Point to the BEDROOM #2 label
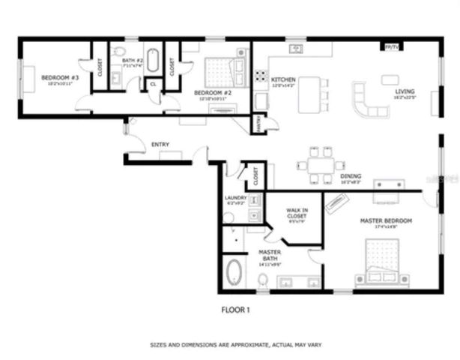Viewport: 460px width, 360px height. (211, 92)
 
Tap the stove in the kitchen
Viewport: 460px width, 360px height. (262, 76)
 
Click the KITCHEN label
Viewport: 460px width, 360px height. (284, 79)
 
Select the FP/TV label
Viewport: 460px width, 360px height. (391, 46)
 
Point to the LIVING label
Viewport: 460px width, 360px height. (405, 92)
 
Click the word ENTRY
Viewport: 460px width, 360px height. (160, 144)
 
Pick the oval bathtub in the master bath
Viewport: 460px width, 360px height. (233, 273)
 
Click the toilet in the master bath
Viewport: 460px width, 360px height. (263, 280)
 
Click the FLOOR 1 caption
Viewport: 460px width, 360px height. (234, 308)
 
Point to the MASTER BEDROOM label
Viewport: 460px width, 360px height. (387, 220)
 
